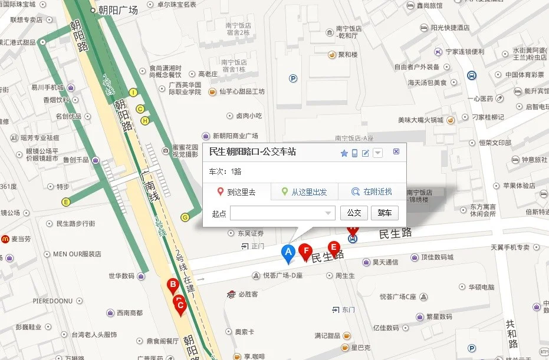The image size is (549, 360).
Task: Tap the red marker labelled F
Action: (305, 252)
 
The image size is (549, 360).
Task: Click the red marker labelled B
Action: (173, 286)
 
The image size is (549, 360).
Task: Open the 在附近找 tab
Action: (372, 191)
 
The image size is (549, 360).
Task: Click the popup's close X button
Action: (396, 152)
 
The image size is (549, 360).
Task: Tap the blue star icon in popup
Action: (344, 153)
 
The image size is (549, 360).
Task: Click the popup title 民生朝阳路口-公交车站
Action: (252, 152)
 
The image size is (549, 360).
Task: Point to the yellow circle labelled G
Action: (185, 217)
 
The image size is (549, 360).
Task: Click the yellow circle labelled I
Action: (133, 93)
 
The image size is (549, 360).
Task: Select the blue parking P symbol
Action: (294, 78)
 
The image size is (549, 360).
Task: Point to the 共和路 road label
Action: (511, 334)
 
